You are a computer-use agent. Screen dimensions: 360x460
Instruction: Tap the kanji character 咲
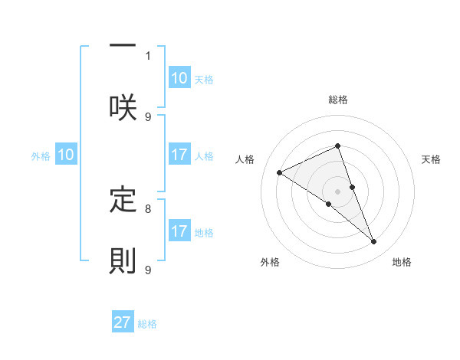pyautogui.click(x=123, y=106)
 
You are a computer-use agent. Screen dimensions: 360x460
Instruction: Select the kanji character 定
pyautogui.click(x=123, y=199)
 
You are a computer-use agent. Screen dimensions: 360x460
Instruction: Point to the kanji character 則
pyautogui.click(x=123, y=260)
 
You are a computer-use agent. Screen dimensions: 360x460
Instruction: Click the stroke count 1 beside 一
pyautogui.click(x=148, y=55)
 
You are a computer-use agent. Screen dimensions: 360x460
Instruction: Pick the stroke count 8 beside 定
pyautogui.click(x=148, y=208)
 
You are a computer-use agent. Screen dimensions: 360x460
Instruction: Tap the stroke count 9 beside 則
pyautogui.click(x=148, y=270)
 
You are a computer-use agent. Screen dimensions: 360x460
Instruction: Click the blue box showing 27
pyautogui.click(x=123, y=322)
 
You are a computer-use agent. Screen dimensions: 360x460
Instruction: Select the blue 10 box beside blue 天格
pyautogui.click(x=179, y=78)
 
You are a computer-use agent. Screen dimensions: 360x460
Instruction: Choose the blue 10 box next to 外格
pyautogui.click(x=66, y=155)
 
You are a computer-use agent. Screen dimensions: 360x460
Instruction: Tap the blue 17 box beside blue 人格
pyautogui.click(x=179, y=155)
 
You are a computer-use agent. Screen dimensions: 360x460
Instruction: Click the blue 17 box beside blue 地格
pyautogui.click(x=179, y=232)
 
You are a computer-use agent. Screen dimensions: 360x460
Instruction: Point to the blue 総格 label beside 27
pyautogui.click(x=147, y=324)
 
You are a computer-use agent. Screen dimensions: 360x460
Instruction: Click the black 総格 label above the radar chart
pyautogui.click(x=338, y=100)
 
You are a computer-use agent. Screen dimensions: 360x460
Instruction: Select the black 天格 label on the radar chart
pyautogui.click(x=432, y=159)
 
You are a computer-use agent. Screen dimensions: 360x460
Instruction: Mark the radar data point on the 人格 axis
pyautogui.click(x=280, y=172)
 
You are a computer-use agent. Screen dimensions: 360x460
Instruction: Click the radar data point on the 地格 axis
pyautogui.click(x=374, y=242)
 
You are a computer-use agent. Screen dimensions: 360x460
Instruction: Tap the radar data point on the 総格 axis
pyautogui.click(x=338, y=146)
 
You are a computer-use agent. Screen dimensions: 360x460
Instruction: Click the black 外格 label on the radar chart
pyautogui.click(x=269, y=262)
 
